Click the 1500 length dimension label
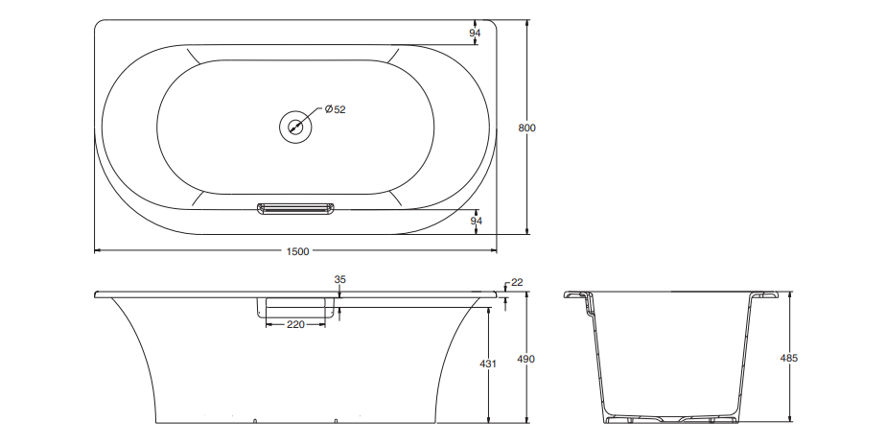pos(297,251)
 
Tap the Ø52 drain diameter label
pos(335,109)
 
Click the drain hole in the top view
pos(296,127)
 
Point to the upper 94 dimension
pos(475,33)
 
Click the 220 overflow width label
pos(295,325)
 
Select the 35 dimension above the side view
pos(339,279)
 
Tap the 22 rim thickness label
pos(517,282)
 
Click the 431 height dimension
pos(488,364)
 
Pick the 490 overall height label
pos(525,359)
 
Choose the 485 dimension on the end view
pos(789,358)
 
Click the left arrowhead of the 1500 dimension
pos(96,251)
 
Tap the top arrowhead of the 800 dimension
pos(527,21)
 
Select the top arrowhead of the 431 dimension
pos(489,310)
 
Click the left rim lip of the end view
pos(575,295)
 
